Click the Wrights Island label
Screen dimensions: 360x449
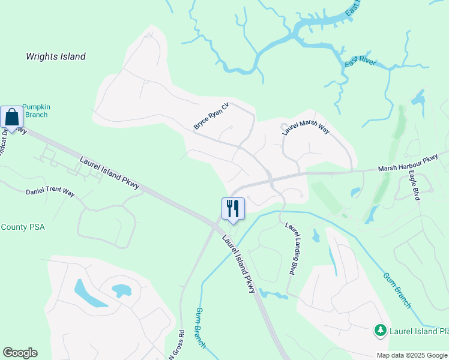coord(56,57)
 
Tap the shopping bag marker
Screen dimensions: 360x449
coord(11,117)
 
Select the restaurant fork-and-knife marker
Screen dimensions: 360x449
coord(233,209)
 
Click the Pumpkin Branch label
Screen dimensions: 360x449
coord(35,110)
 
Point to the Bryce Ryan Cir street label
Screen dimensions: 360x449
coord(211,116)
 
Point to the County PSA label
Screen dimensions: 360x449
coord(23,227)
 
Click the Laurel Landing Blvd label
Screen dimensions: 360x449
coord(292,249)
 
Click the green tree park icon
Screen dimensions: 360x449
coord(379,330)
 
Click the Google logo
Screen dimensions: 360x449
coord(20,353)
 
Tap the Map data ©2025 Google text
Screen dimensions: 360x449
coord(412,355)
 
